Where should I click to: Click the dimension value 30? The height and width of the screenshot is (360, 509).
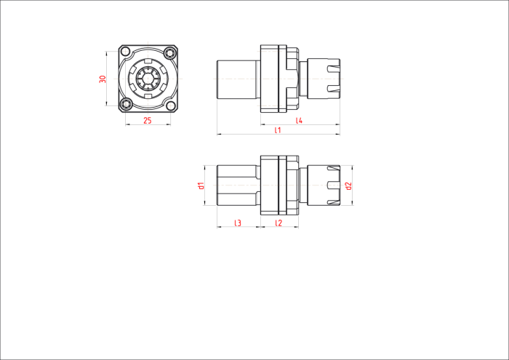[103, 79]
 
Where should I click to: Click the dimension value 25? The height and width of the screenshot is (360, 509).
[148, 121]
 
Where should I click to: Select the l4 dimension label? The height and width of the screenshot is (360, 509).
[299, 121]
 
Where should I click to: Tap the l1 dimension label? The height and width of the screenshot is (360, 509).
[278, 130]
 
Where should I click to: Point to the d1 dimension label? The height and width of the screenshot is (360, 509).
[201, 185]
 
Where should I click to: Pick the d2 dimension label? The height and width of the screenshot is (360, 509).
[348, 185]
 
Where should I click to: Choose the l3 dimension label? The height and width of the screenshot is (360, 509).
[238, 223]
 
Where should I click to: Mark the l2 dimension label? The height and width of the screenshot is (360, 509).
[278, 223]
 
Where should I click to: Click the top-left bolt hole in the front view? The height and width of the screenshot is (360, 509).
[126, 52]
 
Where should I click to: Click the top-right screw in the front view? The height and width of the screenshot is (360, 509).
[169, 52]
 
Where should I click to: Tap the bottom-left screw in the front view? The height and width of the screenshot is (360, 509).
[125, 104]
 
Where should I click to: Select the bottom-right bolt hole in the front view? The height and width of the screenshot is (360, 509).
[170, 105]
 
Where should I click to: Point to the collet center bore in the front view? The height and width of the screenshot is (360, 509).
[148, 79]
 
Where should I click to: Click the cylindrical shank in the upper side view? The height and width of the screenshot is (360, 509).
[239, 79]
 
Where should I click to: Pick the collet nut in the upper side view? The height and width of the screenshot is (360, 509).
[324, 79]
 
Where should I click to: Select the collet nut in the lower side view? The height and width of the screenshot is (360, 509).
[324, 185]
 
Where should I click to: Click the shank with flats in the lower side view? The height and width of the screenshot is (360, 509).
[239, 185]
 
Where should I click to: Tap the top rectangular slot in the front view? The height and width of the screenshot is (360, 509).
[148, 61]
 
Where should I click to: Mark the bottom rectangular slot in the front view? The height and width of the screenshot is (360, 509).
[148, 96]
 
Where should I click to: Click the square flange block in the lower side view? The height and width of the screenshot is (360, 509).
[270, 185]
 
